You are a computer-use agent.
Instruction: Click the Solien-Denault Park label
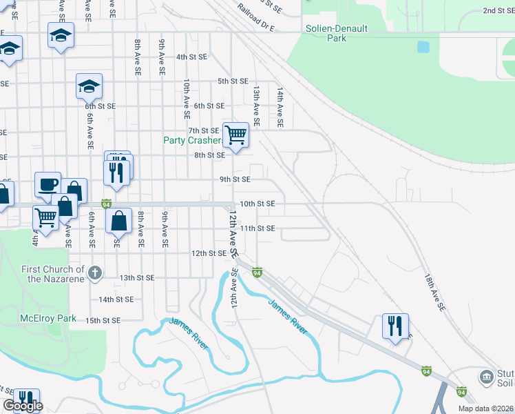337,34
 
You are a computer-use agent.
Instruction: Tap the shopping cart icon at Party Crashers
235,134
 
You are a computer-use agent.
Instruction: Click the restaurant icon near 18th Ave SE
395,326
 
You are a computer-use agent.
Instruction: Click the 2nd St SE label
498,10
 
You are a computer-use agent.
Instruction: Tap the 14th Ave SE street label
280,107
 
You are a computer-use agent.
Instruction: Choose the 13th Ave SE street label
256,106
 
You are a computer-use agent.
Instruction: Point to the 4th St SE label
191,57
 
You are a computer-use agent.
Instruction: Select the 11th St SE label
257,228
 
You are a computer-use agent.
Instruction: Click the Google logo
23,406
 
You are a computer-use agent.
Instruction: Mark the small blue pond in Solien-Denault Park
423,48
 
